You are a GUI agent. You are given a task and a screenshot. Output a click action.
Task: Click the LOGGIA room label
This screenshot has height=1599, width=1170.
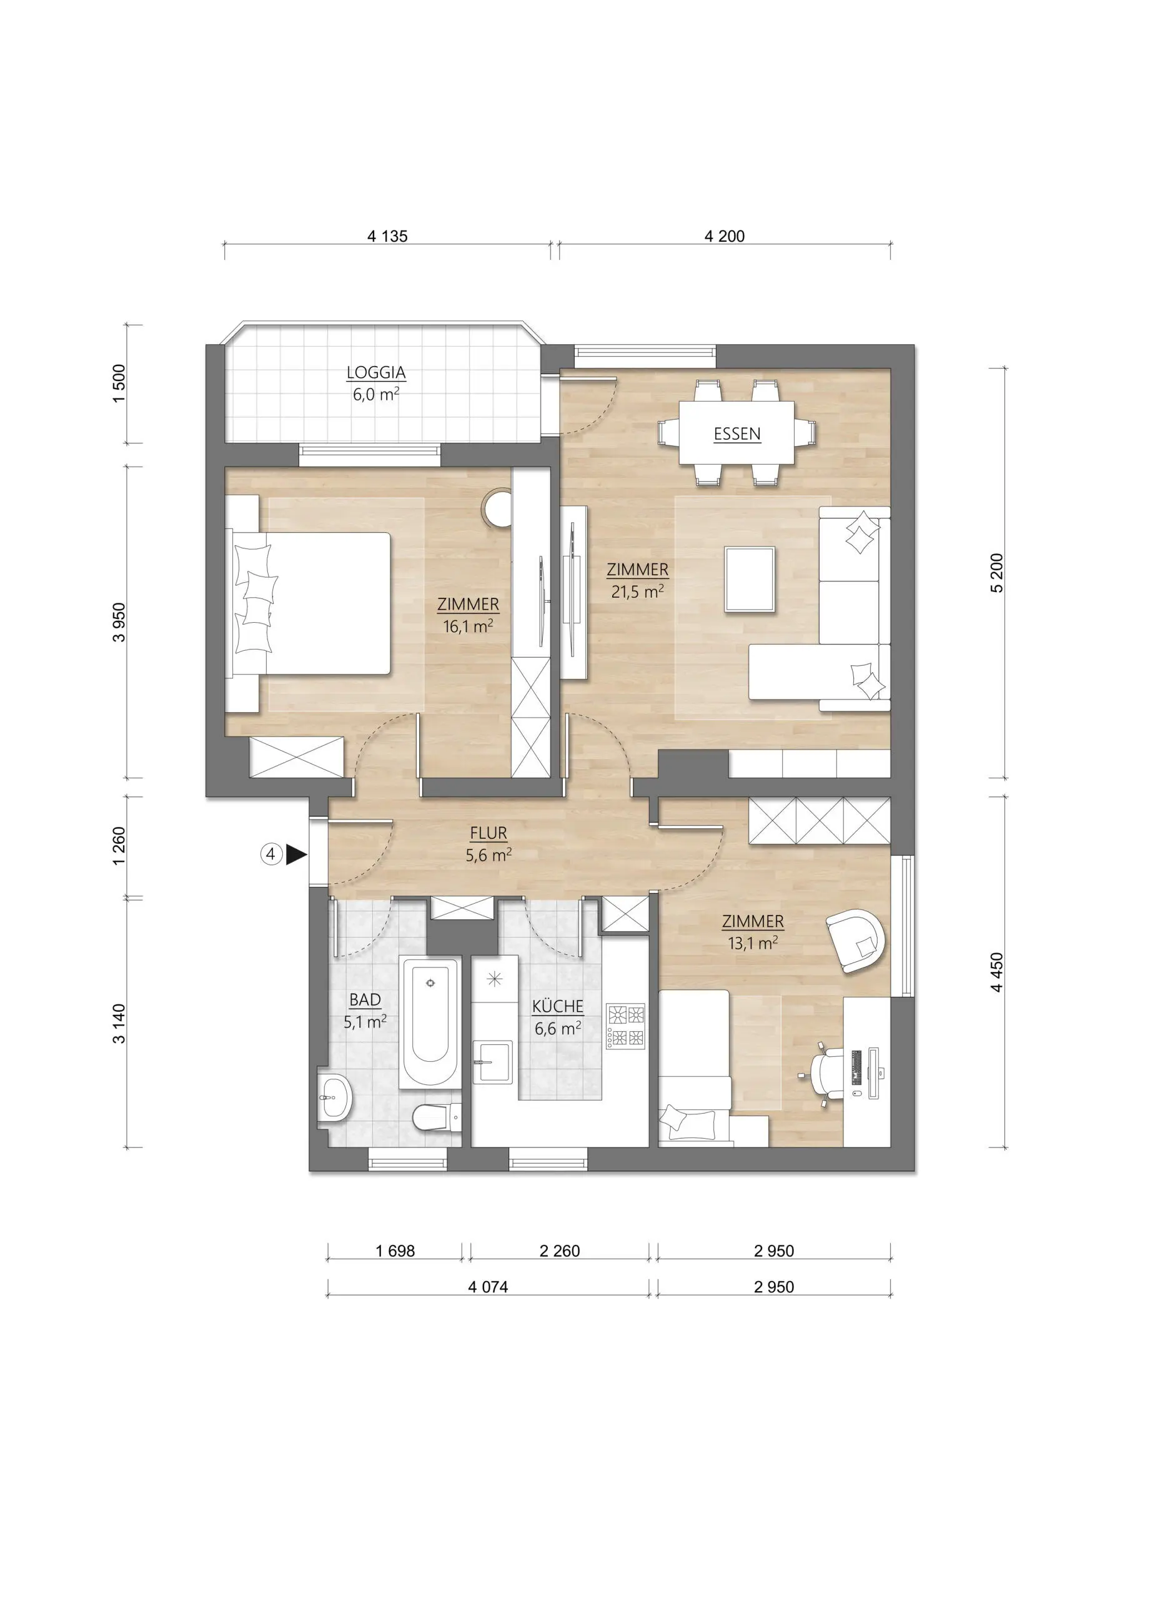[x=376, y=372]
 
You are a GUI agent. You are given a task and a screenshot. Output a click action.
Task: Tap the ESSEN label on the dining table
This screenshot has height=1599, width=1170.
[x=737, y=434]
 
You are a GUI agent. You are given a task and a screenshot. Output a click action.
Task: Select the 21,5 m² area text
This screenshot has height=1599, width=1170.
[x=637, y=592]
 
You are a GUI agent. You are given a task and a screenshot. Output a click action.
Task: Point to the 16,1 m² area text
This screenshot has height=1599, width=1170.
[x=467, y=626]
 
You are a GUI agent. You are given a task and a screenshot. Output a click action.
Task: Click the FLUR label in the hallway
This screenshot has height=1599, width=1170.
[x=488, y=833]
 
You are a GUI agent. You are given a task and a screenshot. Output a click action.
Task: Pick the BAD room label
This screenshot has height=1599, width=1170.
[x=365, y=1000]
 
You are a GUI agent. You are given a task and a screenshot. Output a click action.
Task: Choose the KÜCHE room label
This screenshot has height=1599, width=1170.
[x=558, y=1006]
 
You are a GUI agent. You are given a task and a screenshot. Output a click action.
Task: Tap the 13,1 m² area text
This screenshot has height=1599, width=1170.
[x=753, y=943]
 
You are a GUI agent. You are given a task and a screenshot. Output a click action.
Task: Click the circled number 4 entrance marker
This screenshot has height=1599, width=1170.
[x=270, y=854]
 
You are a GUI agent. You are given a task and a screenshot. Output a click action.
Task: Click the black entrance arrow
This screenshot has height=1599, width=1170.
[x=295, y=856]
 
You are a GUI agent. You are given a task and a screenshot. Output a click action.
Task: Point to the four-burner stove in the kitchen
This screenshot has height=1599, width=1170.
[x=626, y=1026]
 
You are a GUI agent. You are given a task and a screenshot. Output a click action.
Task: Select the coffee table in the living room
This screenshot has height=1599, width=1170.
[x=750, y=578]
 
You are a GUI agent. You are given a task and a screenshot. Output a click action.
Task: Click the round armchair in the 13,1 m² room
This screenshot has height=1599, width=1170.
[x=856, y=941]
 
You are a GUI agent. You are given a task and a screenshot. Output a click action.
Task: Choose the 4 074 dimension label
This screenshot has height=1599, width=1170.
[x=488, y=1287]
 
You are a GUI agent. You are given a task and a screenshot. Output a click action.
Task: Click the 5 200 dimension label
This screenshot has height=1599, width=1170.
[x=997, y=572]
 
